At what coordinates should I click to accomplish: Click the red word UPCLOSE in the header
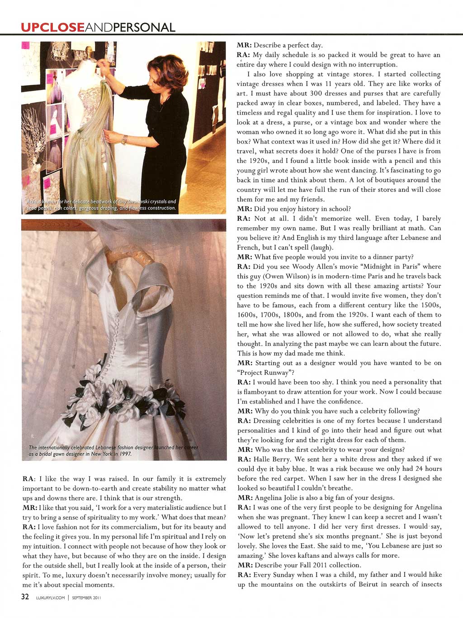[x=52, y=27]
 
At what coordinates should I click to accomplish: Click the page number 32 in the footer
[x=25, y=596]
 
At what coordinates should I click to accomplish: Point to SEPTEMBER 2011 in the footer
[x=86, y=597]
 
